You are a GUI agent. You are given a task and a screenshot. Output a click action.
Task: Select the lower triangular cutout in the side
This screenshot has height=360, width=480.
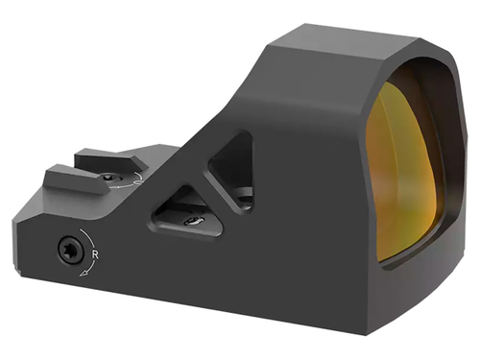[x=186, y=214]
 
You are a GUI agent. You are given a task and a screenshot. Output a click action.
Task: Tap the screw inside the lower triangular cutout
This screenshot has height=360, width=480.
[x=191, y=220]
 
